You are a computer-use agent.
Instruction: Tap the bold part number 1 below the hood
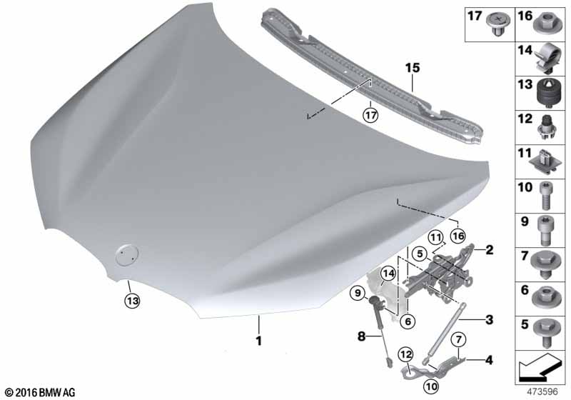click(259, 341)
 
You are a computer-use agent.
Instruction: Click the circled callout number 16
click(458, 236)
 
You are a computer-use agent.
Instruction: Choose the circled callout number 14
click(388, 272)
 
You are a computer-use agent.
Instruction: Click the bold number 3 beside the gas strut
click(489, 319)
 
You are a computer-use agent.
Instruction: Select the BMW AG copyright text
click(39, 392)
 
